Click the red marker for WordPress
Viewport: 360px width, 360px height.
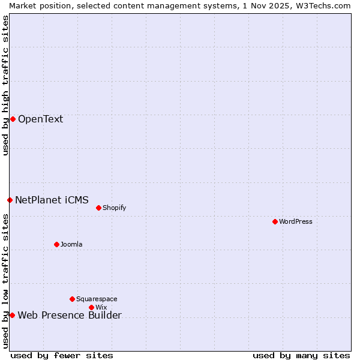pos(275,221)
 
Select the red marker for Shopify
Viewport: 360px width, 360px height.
pos(98,208)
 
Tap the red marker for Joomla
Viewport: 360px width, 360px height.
pos(56,244)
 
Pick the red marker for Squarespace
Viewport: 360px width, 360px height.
pos(72,299)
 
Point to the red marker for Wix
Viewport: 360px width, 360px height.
pos(91,307)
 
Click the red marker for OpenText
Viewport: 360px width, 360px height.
pos(13,119)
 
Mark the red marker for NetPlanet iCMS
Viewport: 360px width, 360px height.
pos(10,200)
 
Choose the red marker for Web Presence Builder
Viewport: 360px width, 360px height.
pos(12,315)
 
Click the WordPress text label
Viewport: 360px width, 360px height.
pos(296,221)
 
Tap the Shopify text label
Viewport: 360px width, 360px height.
pos(114,208)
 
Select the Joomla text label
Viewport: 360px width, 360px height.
pos(71,244)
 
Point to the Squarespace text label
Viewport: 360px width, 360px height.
pos(97,299)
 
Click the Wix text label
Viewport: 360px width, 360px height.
pos(101,307)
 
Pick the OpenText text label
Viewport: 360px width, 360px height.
pos(40,119)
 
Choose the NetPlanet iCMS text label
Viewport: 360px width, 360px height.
pos(52,200)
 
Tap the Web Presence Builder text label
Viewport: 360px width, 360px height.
pos(70,316)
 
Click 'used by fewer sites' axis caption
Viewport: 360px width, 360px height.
pos(62,355)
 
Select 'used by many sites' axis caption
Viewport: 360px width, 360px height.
pos(301,355)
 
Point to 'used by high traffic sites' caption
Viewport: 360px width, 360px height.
pos(5,85)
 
